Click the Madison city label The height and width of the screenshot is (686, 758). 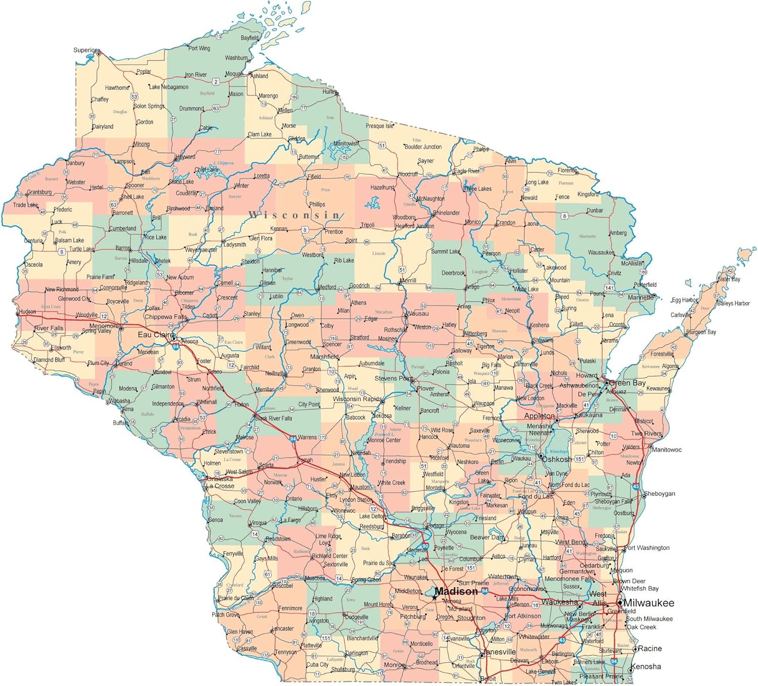tap(456, 592)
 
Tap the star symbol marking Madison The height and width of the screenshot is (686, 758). tap(435, 597)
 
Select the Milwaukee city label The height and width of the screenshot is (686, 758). tap(649, 603)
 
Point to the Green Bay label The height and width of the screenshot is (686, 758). tap(627, 383)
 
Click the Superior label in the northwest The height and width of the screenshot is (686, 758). tap(84, 50)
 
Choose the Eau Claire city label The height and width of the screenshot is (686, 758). tap(155, 335)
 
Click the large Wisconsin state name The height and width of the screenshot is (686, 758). tap(295, 215)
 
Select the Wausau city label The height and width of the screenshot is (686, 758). tap(417, 314)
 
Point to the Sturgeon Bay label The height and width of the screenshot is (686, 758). tap(701, 332)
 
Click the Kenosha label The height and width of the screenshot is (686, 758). tap(646, 667)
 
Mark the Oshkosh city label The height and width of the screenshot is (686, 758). tap(557, 460)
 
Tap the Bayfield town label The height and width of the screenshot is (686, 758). tap(250, 38)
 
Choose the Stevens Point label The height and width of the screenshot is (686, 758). tap(394, 378)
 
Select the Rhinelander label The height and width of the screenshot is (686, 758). tap(446, 213)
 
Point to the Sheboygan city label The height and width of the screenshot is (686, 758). tap(659, 494)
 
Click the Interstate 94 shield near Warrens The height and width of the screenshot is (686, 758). tap(293, 439)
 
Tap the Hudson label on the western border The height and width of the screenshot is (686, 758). tap(27, 312)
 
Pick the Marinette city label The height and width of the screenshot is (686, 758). tap(640, 298)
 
